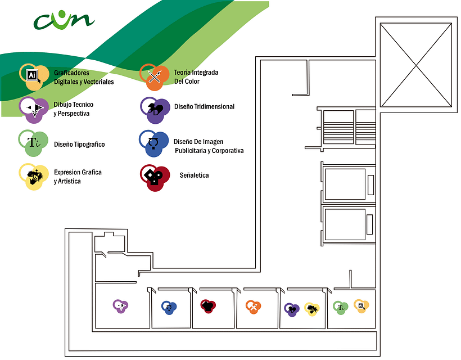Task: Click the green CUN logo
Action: (64, 20)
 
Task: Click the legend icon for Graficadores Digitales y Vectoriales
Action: (34, 77)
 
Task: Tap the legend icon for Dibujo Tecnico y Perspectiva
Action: (34, 110)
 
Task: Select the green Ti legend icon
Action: (34, 143)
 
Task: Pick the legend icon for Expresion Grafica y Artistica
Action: (34, 177)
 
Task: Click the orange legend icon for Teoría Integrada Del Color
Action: (155, 77)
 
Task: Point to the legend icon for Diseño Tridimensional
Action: (155, 110)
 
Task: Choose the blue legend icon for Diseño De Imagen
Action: (154, 143)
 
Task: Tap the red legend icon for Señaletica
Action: (155, 178)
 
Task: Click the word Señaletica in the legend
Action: (194, 175)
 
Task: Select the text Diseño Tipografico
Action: (79, 145)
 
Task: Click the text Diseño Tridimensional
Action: (204, 106)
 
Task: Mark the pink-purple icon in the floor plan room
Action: (120, 306)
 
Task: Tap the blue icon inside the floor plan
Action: (169, 308)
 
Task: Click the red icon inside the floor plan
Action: (208, 306)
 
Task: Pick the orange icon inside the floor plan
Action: (254, 307)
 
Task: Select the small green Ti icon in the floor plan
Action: (341, 308)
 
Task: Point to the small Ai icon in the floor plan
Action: (361, 306)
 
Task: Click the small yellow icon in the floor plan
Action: (311, 309)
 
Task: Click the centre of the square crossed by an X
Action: (416, 65)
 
